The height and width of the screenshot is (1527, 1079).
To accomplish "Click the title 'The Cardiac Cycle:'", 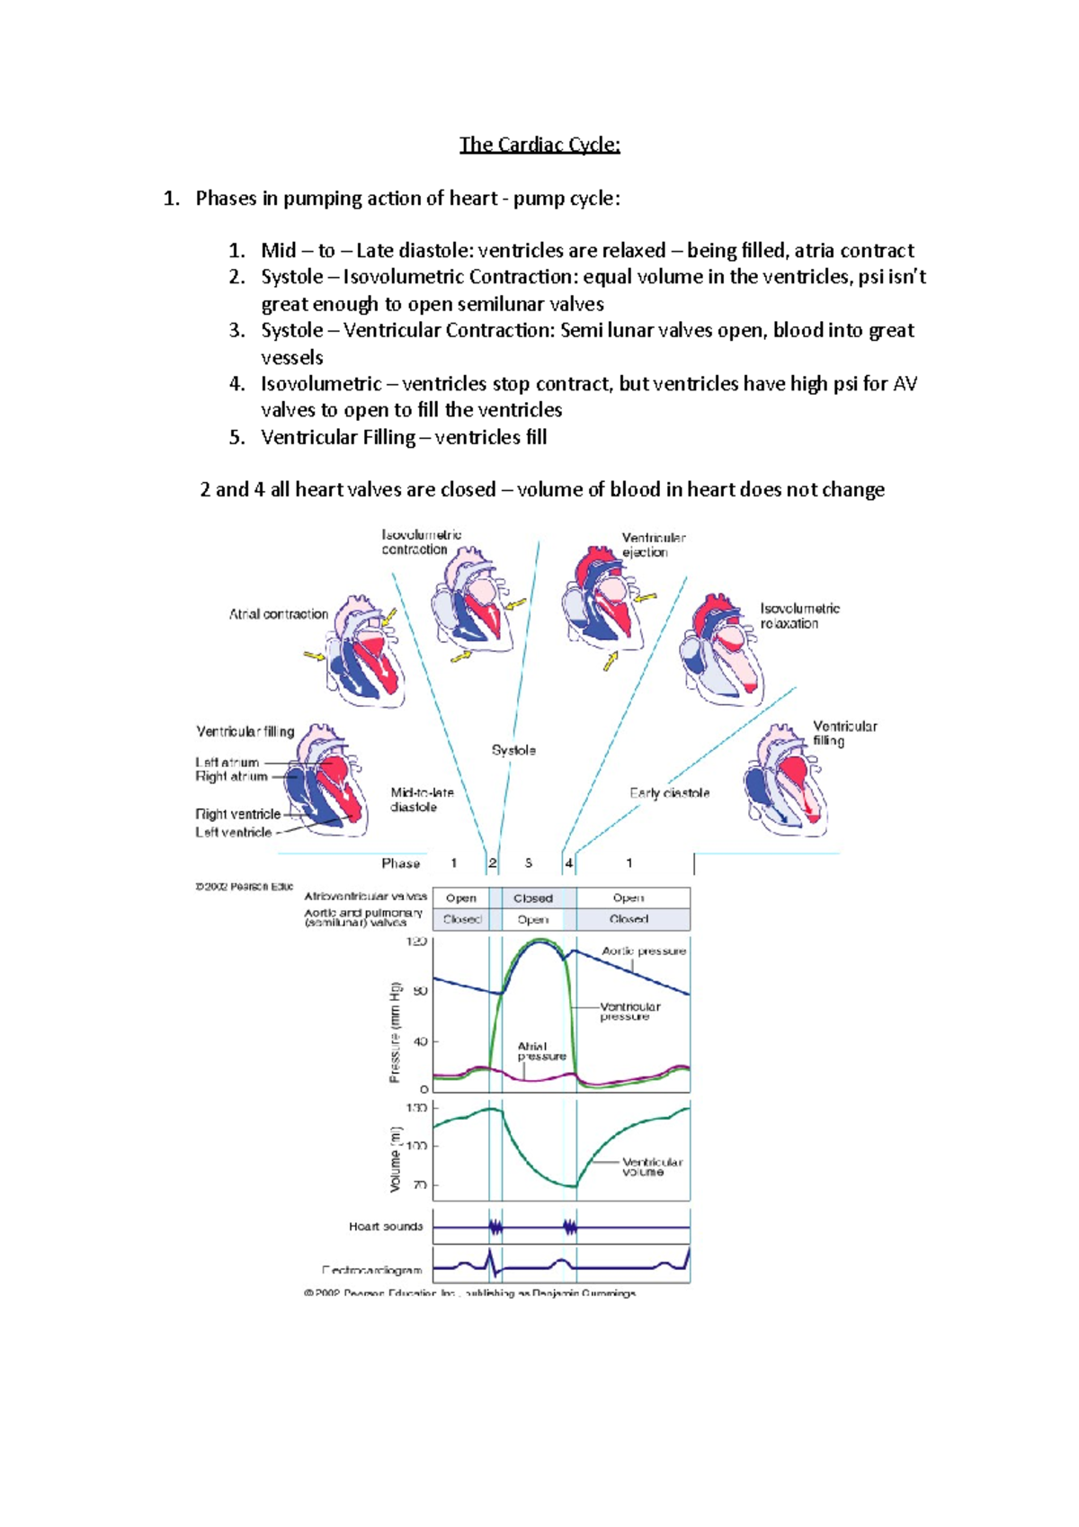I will point(539,145).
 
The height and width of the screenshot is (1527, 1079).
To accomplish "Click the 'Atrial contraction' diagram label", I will point(278,614).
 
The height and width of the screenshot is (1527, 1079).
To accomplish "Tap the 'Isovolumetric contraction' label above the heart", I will point(421,542).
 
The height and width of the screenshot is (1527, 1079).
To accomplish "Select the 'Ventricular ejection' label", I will point(654,545).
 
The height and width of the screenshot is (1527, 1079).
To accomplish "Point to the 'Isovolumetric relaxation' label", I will point(799,616).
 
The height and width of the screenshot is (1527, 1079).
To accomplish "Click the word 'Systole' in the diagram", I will point(513,750).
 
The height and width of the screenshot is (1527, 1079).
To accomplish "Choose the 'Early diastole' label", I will point(669,793).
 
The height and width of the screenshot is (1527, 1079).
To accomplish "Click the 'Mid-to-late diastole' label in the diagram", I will point(422,799).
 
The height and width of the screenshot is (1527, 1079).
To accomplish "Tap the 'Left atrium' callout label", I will point(227,763).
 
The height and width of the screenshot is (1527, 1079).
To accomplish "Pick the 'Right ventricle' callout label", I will point(238,814).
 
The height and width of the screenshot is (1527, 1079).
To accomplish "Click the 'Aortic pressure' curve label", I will point(644,951).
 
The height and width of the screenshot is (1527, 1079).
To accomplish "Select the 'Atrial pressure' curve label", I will point(541,1051).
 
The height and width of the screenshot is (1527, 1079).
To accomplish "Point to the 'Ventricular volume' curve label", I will point(652,1166).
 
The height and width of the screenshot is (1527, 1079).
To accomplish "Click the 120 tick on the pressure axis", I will point(416,942).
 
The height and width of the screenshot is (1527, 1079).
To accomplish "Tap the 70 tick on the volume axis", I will point(420,1185).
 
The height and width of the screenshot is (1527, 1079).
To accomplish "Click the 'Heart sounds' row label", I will point(386,1227).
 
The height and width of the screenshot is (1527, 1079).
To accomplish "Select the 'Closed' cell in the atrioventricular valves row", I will point(533,898).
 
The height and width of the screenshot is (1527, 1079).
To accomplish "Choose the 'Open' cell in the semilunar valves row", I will point(533,920).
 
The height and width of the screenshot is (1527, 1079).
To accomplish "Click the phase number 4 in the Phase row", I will point(569,863).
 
